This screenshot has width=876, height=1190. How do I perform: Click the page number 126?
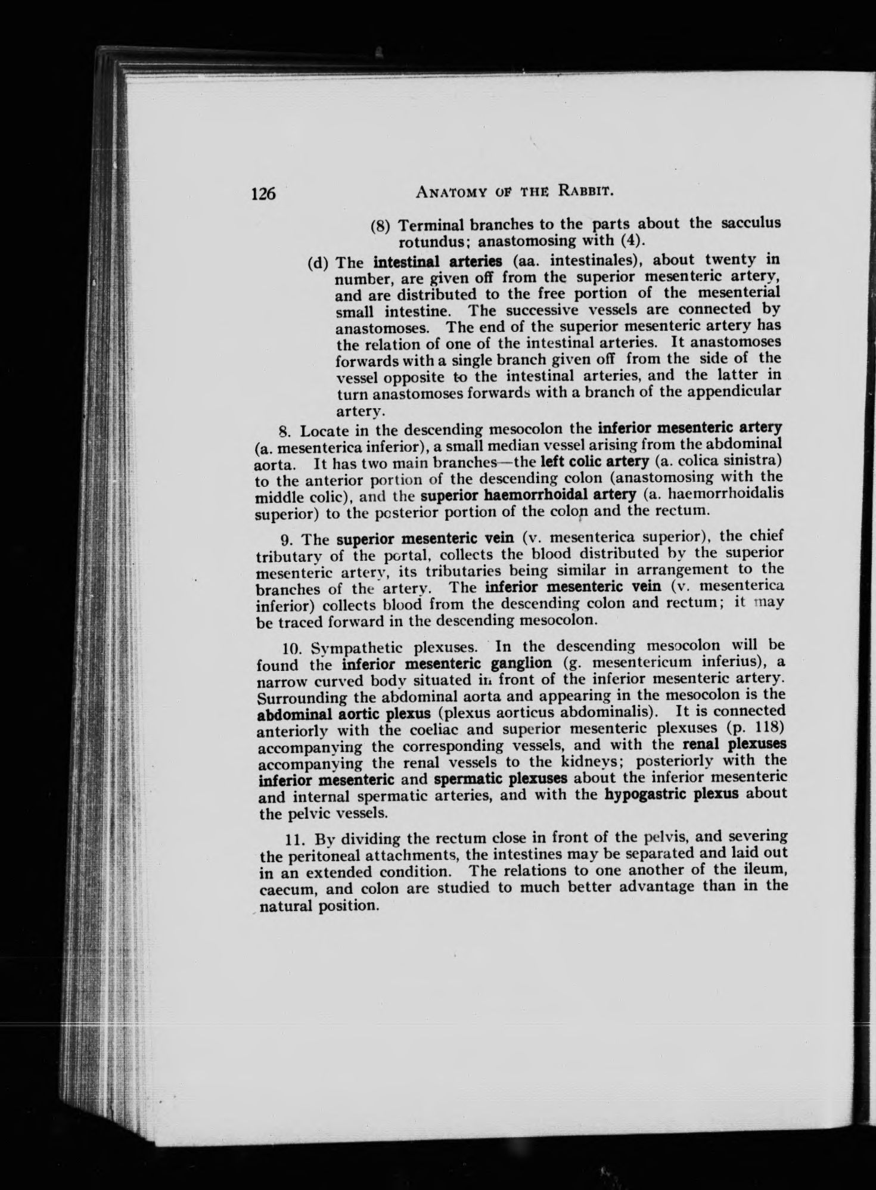pyautogui.click(x=263, y=193)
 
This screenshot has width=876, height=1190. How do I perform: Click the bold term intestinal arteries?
pyautogui.click(x=437, y=261)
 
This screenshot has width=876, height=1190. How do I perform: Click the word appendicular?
pyautogui.click(x=738, y=391)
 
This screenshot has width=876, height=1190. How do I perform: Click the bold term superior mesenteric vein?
pyautogui.click(x=425, y=539)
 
